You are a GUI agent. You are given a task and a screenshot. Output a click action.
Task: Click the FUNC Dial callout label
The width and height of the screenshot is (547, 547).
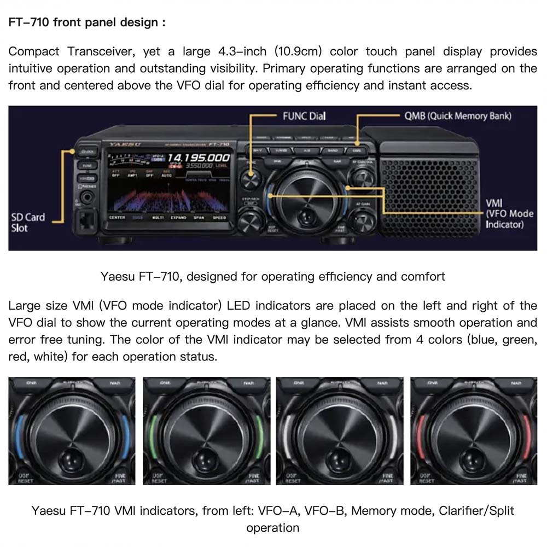304,116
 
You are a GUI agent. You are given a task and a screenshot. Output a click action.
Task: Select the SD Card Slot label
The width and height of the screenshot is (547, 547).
28,222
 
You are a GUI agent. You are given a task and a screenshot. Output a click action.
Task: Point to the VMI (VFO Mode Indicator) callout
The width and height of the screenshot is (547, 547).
509,214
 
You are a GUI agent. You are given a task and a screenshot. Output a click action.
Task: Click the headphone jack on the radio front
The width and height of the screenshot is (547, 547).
86,195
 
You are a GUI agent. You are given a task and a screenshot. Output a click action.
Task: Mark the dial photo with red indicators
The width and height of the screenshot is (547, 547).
473,431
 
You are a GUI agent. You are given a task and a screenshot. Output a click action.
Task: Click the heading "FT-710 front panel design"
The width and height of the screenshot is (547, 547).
86,23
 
